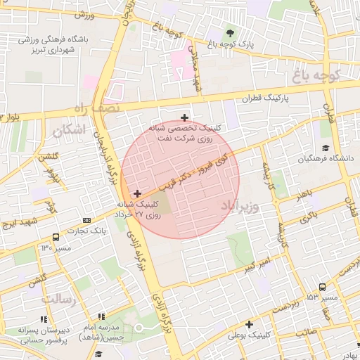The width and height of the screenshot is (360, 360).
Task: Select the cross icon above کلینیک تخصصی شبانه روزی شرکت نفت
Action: [184, 117]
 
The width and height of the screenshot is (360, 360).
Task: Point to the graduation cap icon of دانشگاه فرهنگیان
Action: [325, 148]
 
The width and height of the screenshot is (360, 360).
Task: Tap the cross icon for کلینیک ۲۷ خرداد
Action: [136, 193]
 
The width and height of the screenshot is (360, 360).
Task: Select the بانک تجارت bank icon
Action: [86, 220]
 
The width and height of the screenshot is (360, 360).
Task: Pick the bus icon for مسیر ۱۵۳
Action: [322, 287]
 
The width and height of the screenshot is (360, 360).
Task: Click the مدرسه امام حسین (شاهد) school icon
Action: [101, 318]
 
